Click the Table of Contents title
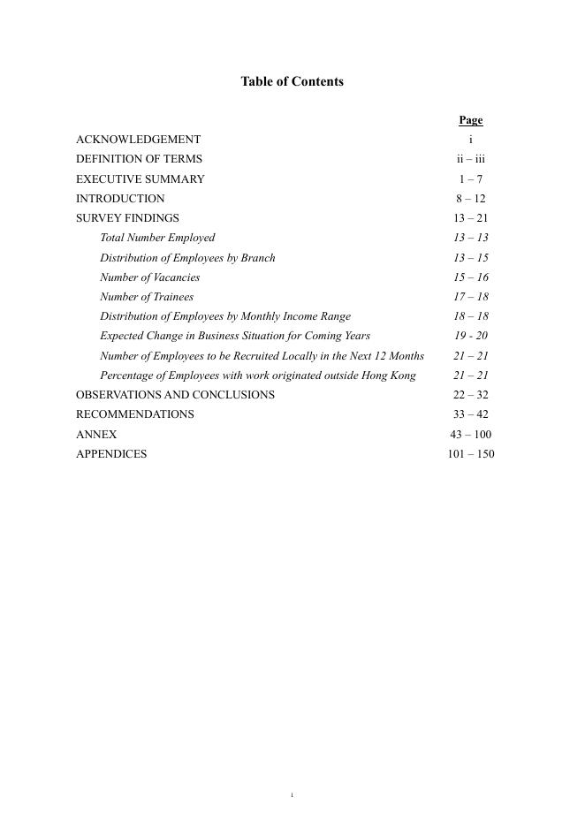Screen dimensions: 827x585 pyautogui.click(x=292, y=81)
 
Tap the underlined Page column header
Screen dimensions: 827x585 pyautogui.click(x=470, y=120)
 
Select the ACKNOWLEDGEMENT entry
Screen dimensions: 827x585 pyautogui.click(x=138, y=140)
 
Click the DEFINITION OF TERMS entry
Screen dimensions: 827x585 pyautogui.click(x=139, y=159)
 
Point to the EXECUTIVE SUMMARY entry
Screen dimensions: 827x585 pyautogui.click(x=140, y=178)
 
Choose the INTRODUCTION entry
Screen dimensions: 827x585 pyautogui.click(x=120, y=199)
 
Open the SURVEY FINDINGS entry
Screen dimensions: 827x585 pyautogui.click(x=127, y=218)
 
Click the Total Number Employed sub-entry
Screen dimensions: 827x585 pyautogui.click(x=157, y=238)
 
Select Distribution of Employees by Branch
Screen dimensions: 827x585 pyautogui.click(x=187, y=258)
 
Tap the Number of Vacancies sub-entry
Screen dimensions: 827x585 pyautogui.click(x=149, y=277)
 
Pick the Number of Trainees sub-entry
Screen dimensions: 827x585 pyautogui.click(x=146, y=297)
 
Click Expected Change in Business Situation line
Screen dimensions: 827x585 pyautogui.click(x=235, y=336)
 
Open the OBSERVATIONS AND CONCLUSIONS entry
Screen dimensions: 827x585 pyautogui.click(x=175, y=395)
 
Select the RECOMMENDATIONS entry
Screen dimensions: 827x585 pyautogui.click(x=134, y=414)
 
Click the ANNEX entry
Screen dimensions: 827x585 pyautogui.click(x=96, y=435)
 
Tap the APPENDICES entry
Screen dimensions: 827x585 pyautogui.click(x=111, y=454)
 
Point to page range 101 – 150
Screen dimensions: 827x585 pyautogui.click(x=471, y=454)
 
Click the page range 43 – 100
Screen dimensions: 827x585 pyautogui.click(x=471, y=435)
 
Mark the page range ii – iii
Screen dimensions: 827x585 pyautogui.click(x=471, y=159)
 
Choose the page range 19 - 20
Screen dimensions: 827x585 pyautogui.click(x=471, y=336)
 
